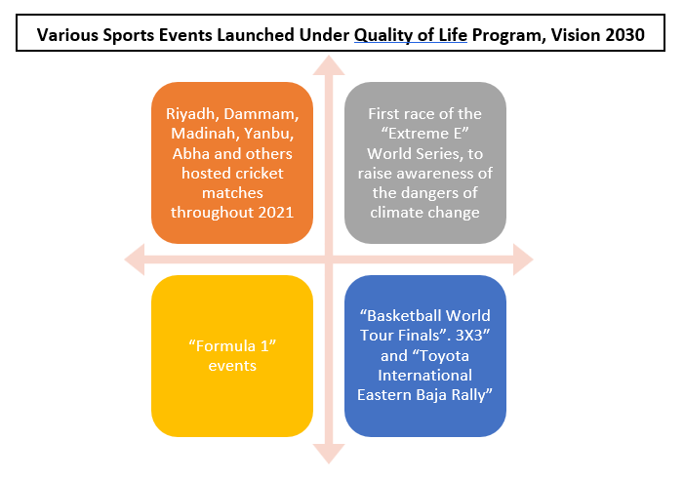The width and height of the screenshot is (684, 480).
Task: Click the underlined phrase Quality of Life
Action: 411,35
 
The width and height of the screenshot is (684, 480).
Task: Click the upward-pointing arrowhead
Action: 329,65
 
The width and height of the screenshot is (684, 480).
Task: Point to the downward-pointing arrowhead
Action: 329,454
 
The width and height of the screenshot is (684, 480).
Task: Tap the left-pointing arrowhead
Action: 135,260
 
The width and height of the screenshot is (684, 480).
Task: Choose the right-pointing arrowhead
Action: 523,260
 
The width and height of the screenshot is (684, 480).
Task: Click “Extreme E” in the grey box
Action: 424,134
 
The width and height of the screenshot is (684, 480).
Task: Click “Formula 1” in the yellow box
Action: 232,346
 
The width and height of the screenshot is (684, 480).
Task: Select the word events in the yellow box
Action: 232,365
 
